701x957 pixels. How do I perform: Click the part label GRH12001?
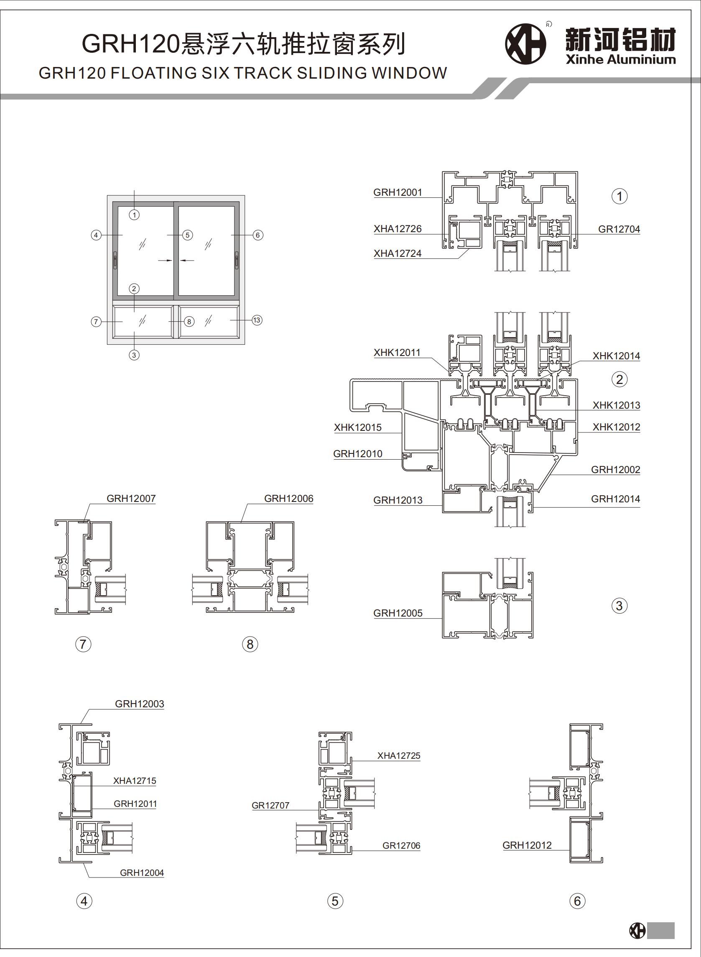click(398, 192)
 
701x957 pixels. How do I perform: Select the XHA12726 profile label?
click(398, 229)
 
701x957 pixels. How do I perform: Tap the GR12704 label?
click(619, 229)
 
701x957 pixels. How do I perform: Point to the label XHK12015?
click(358, 427)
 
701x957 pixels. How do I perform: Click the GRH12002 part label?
click(615, 470)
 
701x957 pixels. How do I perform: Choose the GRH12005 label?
click(398, 613)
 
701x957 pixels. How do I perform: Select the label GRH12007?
click(131, 499)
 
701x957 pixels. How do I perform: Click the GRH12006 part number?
click(288, 499)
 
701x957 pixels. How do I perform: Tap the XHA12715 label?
click(135, 781)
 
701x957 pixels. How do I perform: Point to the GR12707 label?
click(270, 806)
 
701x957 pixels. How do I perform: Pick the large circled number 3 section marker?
click(619, 606)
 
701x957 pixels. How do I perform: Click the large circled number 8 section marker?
click(250, 644)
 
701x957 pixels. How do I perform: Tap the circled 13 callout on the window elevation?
click(257, 320)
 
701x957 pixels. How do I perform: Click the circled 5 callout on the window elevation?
click(188, 235)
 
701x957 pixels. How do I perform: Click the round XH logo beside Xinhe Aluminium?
click(525, 44)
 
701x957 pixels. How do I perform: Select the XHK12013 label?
click(616, 405)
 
